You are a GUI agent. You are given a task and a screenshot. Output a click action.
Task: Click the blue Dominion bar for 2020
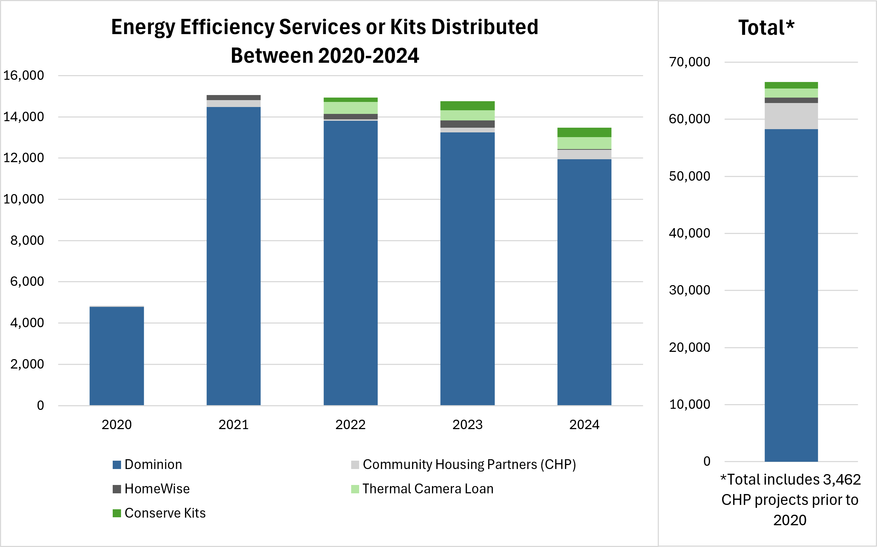(x=117, y=355)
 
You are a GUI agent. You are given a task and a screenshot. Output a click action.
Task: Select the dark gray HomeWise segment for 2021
(x=233, y=98)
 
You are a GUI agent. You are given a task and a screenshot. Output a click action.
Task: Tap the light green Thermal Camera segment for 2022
(x=350, y=108)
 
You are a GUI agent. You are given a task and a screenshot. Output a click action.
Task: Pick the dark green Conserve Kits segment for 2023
(x=467, y=106)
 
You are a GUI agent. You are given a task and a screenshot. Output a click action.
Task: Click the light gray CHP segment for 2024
(x=584, y=155)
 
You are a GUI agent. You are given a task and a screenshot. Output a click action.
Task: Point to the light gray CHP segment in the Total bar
(x=791, y=116)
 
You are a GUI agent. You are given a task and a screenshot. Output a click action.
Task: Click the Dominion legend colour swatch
(x=117, y=465)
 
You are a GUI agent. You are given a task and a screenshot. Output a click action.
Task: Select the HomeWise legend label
(x=157, y=489)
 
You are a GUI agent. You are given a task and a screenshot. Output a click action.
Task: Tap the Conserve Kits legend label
(x=165, y=513)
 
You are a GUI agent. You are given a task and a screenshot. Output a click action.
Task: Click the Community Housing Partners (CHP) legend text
(x=469, y=465)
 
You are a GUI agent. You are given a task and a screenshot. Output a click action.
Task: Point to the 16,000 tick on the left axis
(x=24, y=75)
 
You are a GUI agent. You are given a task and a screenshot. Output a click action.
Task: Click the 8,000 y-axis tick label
(x=27, y=240)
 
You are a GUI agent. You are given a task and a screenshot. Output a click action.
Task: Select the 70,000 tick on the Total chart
(x=689, y=62)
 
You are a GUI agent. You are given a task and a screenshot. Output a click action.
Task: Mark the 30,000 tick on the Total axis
(x=689, y=290)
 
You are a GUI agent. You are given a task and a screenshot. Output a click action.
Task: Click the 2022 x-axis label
(x=350, y=425)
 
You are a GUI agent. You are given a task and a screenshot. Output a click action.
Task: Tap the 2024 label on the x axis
(x=584, y=425)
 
